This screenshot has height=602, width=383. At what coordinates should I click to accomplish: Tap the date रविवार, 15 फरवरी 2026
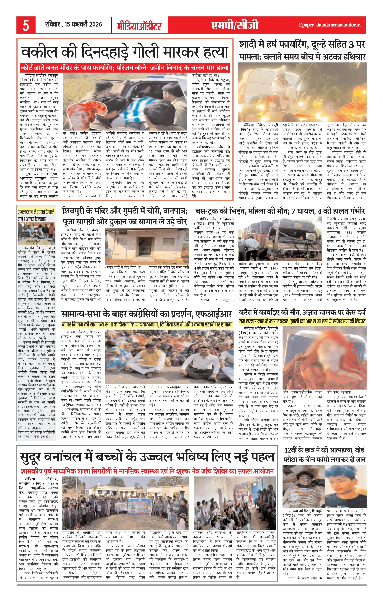click(74, 24)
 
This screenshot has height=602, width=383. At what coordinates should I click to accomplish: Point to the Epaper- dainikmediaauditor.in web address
click(330, 25)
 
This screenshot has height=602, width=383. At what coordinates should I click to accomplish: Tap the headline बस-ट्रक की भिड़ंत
click(280, 211)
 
